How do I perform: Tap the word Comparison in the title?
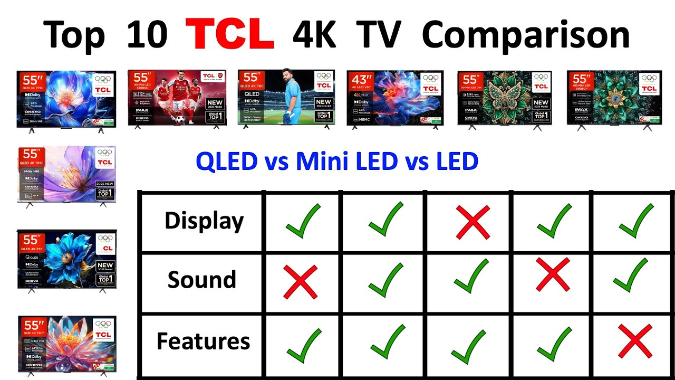tap(526, 35)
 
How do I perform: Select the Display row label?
tap(204, 221)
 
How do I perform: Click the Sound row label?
tap(201, 279)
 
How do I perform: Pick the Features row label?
tap(203, 341)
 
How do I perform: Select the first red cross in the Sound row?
tap(301, 281)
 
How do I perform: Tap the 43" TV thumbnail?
tap(395, 99)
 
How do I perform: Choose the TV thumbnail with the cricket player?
tap(286, 99)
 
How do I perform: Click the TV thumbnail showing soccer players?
tap(177, 99)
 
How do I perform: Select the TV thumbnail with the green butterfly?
tap(505, 99)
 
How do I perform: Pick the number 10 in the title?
tap(147, 35)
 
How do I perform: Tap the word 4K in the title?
tap(315, 35)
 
